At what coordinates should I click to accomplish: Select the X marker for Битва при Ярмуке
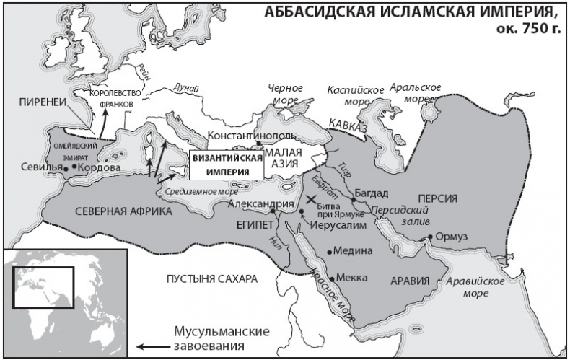[x=312, y=199]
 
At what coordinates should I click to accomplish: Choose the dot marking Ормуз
[x=430, y=237]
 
